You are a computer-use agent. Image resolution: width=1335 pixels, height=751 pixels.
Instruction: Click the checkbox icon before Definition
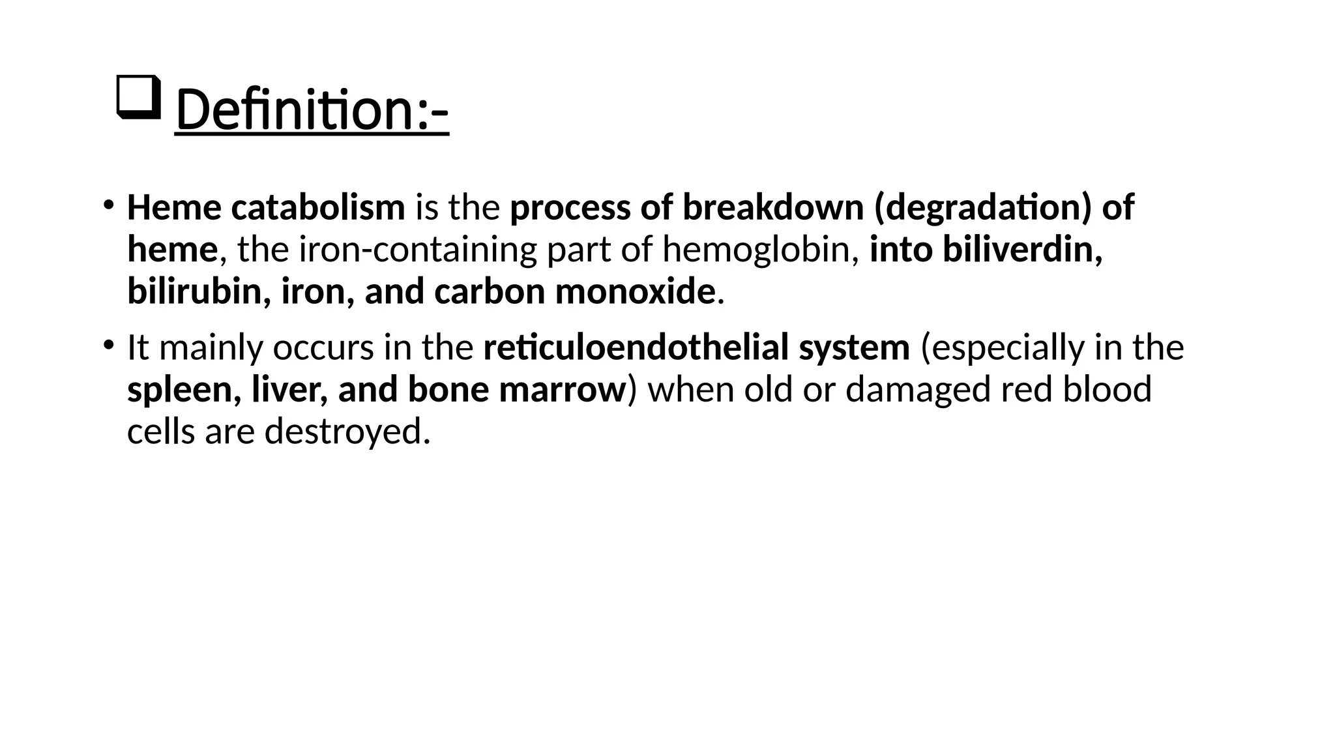point(138,97)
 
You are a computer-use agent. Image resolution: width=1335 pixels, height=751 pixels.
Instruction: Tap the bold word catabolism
point(318,207)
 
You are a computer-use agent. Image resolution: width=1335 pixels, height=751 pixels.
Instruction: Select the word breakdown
point(773,207)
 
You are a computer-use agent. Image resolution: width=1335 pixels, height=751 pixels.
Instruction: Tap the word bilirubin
point(194,291)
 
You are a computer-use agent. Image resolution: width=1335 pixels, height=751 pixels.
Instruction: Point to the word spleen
point(179,390)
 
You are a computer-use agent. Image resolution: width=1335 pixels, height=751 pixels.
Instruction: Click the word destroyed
point(347,432)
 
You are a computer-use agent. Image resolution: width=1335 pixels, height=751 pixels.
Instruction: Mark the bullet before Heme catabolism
point(108,205)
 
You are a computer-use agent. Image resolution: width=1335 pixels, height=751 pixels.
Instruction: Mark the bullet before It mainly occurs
point(108,345)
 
